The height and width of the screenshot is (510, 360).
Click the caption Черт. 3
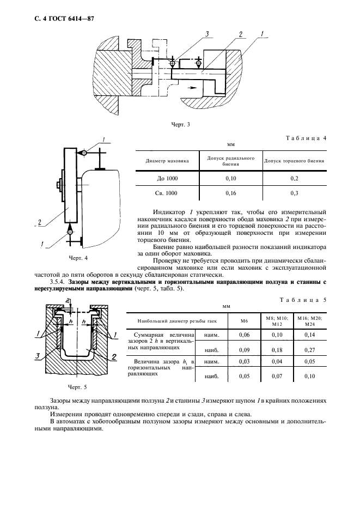[x=180, y=125]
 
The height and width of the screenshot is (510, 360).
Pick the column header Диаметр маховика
[x=167, y=161]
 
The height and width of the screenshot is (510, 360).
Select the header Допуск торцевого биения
[x=295, y=161]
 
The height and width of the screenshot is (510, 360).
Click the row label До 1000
[x=167, y=178]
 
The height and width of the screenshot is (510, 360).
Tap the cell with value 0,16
[x=231, y=193]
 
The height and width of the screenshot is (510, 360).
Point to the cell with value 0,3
[x=295, y=193]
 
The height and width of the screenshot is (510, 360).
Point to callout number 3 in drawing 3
[x=208, y=35]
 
